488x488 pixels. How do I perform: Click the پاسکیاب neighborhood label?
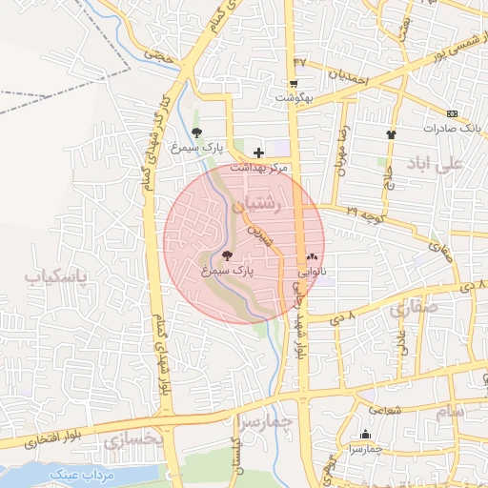(54, 277)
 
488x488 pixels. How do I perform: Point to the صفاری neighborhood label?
(411, 309)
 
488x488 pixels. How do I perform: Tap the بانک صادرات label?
(447, 127)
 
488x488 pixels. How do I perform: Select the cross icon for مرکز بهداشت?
(258, 152)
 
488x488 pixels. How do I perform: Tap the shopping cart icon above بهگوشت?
(294, 83)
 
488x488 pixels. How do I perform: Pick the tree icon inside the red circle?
(226, 255)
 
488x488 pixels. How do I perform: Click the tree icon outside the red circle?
(196, 133)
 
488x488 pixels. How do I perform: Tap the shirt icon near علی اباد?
(391, 134)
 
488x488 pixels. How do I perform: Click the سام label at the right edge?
(448, 411)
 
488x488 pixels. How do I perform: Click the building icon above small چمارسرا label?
(365, 435)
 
